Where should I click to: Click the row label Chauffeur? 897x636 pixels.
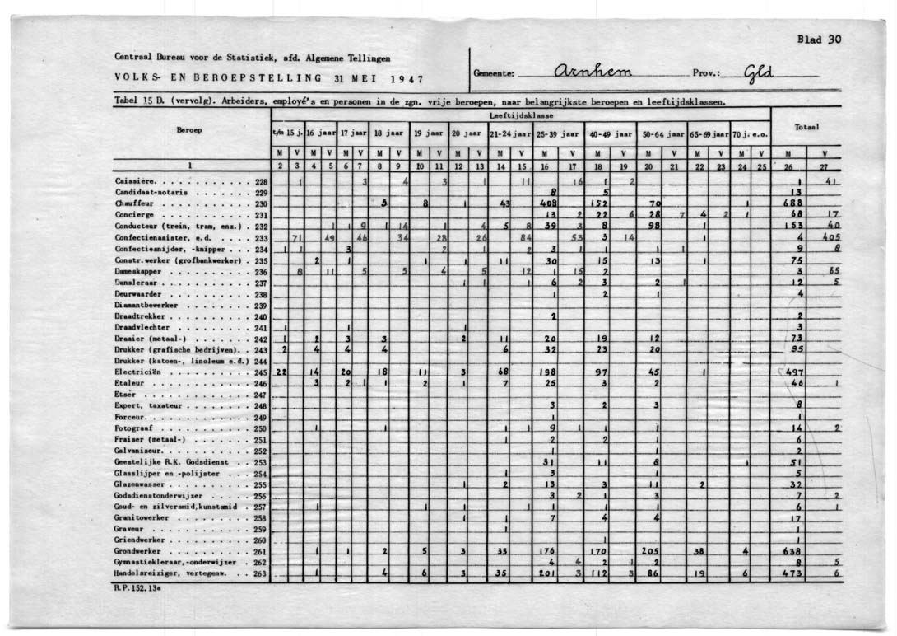132,203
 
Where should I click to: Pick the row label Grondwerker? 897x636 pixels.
137,551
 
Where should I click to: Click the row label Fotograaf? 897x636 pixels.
133,428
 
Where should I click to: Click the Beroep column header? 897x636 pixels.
189,130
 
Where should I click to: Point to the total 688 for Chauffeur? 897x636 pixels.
792,203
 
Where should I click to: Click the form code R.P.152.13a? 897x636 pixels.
137,588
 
